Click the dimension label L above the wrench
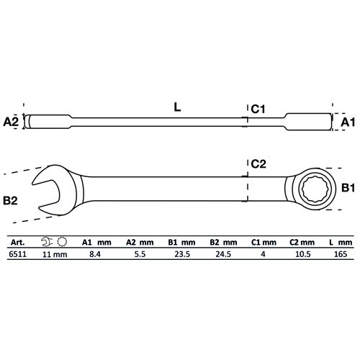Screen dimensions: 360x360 point(177,107)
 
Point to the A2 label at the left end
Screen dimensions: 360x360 point(11,122)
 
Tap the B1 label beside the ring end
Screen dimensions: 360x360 point(348,189)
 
